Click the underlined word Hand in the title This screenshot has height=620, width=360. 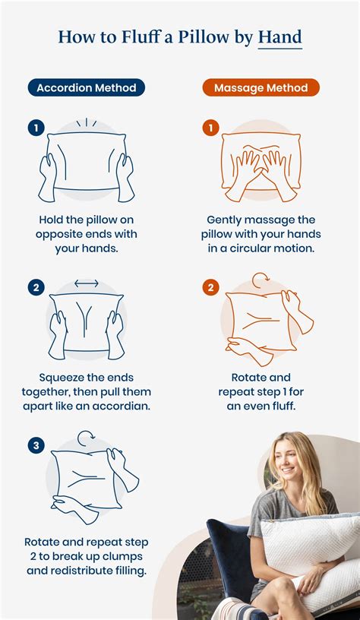(279, 36)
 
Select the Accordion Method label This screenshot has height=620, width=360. (86, 88)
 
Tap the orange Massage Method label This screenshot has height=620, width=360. (261, 88)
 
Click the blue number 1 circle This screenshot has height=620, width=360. (36, 128)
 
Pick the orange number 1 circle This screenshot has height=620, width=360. (210, 128)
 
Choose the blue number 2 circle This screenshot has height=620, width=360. (36, 287)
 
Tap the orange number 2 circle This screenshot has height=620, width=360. (210, 287)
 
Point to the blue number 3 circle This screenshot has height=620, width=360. (36, 445)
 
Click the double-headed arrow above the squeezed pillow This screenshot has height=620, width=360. (86, 283)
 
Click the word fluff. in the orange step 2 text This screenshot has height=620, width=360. (282, 406)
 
